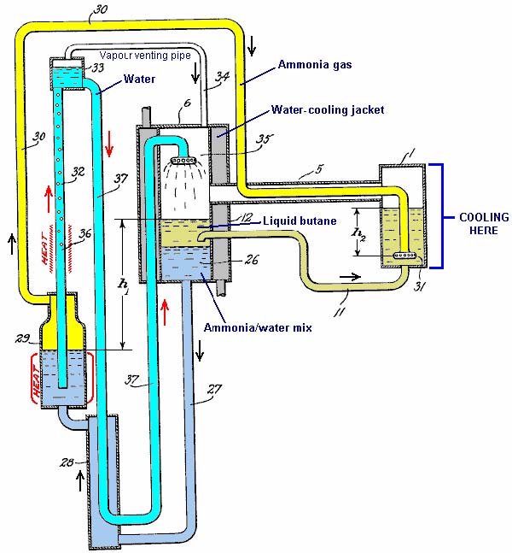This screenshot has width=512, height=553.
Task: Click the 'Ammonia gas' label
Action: pos(315,65)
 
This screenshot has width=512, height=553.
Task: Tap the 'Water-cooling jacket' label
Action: pos(328,109)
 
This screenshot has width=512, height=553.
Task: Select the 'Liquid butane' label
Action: pos(300,221)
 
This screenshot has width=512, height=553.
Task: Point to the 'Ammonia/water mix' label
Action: pos(258,327)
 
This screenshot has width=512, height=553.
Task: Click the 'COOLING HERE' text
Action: pos(484,224)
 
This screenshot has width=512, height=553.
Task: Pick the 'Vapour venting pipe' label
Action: pos(145,56)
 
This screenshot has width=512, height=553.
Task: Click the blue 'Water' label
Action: pos(139,79)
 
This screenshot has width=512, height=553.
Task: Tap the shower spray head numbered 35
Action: pos(183,161)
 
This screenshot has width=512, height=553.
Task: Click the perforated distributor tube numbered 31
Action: pos(404,255)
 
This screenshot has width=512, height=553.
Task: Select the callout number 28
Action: pos(67,462)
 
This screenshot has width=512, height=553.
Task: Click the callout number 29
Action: pos(22,338)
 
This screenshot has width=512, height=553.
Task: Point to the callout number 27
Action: pos(214,390)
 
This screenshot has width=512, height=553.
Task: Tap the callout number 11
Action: pos(340,311)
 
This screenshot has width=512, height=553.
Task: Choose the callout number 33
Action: pos(97,68)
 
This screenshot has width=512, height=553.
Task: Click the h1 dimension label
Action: pos(124,286)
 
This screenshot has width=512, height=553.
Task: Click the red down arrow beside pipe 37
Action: pos(109,144)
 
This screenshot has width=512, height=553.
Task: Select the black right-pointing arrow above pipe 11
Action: pos(350,277)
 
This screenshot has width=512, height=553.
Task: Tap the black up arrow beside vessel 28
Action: pos(80,482)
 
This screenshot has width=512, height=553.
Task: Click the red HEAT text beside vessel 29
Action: pos(37,381)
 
